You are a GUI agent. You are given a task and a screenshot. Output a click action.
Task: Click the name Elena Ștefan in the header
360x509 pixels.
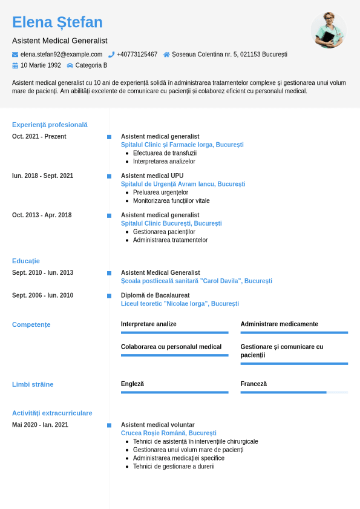coord(57,22)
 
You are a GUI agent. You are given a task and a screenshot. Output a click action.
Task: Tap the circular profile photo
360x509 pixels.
coord(329,30)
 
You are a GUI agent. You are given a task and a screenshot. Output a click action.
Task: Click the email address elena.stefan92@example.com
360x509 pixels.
coord(61,54)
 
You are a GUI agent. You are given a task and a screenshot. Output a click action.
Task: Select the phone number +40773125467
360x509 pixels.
coord(137,54)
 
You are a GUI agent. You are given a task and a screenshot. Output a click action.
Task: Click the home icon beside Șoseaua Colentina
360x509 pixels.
coord(166,54)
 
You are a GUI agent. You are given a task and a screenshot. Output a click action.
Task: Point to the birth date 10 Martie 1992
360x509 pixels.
coord(41,65)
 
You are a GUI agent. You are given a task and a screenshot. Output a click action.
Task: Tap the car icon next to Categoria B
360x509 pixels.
coord(70,65)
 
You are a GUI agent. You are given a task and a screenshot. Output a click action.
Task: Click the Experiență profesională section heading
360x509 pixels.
coord(50,125)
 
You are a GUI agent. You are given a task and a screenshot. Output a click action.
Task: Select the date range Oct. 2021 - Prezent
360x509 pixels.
coord(39,137)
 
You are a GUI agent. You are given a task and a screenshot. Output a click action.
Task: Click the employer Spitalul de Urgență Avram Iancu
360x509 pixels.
coord(183,184)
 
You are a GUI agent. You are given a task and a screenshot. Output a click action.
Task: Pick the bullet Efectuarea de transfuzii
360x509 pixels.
coord(160,153)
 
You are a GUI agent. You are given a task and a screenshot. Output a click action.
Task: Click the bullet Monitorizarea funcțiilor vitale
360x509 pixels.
coord(171,201)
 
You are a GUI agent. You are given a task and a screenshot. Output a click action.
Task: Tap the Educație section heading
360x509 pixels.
coord(26,261)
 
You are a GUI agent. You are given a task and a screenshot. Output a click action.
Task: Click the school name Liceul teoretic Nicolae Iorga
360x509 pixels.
coord(180,304)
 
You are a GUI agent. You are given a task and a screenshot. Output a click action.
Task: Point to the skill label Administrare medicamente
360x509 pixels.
coord(279,324)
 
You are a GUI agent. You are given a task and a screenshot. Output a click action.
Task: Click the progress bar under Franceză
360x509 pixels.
coord(294,392)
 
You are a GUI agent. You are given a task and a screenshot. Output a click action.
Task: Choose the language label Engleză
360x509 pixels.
coord(133,384)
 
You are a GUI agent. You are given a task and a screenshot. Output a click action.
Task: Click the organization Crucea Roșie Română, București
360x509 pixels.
coord(168,433)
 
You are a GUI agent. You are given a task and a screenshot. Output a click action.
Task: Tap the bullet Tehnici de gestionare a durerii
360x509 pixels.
coord(174,467)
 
